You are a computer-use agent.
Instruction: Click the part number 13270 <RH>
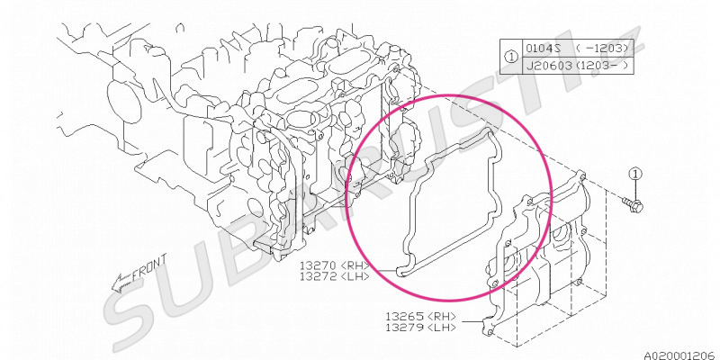point(334,265)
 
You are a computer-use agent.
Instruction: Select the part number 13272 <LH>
point(334,276)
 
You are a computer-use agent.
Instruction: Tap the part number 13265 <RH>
point(421,317)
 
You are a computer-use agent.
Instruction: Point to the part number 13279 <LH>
point(421,328)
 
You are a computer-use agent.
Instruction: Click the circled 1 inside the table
point(511,57)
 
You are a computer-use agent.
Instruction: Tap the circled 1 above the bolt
point(635,174)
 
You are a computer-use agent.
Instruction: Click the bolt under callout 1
point(633,204)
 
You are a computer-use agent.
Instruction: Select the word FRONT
point(149,267)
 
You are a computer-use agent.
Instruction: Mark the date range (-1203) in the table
point(602,49)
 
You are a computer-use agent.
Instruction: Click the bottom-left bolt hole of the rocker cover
point(489,331)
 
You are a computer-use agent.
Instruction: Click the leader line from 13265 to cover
point(471,321)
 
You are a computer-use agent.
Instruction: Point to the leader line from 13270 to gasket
point(383,271)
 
